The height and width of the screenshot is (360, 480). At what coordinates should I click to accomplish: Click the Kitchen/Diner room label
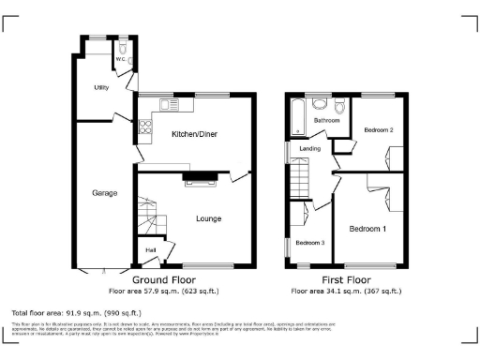point(195,134)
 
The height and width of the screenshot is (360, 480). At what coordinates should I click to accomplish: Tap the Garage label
point(104,193)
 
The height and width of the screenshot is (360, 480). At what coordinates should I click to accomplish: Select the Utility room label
point(101,87)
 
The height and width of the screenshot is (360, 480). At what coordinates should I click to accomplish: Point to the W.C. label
point(121,60)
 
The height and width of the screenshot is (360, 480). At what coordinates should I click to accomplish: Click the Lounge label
point(208,219)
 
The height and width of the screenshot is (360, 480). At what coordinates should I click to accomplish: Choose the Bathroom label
point(326,121)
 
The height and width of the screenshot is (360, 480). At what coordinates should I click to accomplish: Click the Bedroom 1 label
point(367,228)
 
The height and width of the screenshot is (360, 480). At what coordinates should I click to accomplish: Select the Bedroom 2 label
point(378,129)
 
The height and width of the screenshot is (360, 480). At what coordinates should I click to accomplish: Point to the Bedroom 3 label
point(309,243)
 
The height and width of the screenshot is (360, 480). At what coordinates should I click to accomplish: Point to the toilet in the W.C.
point(123,46)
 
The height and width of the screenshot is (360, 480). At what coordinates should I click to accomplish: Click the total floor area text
point(76,312)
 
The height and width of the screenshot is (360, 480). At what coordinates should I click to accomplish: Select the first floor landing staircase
point(299,175)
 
